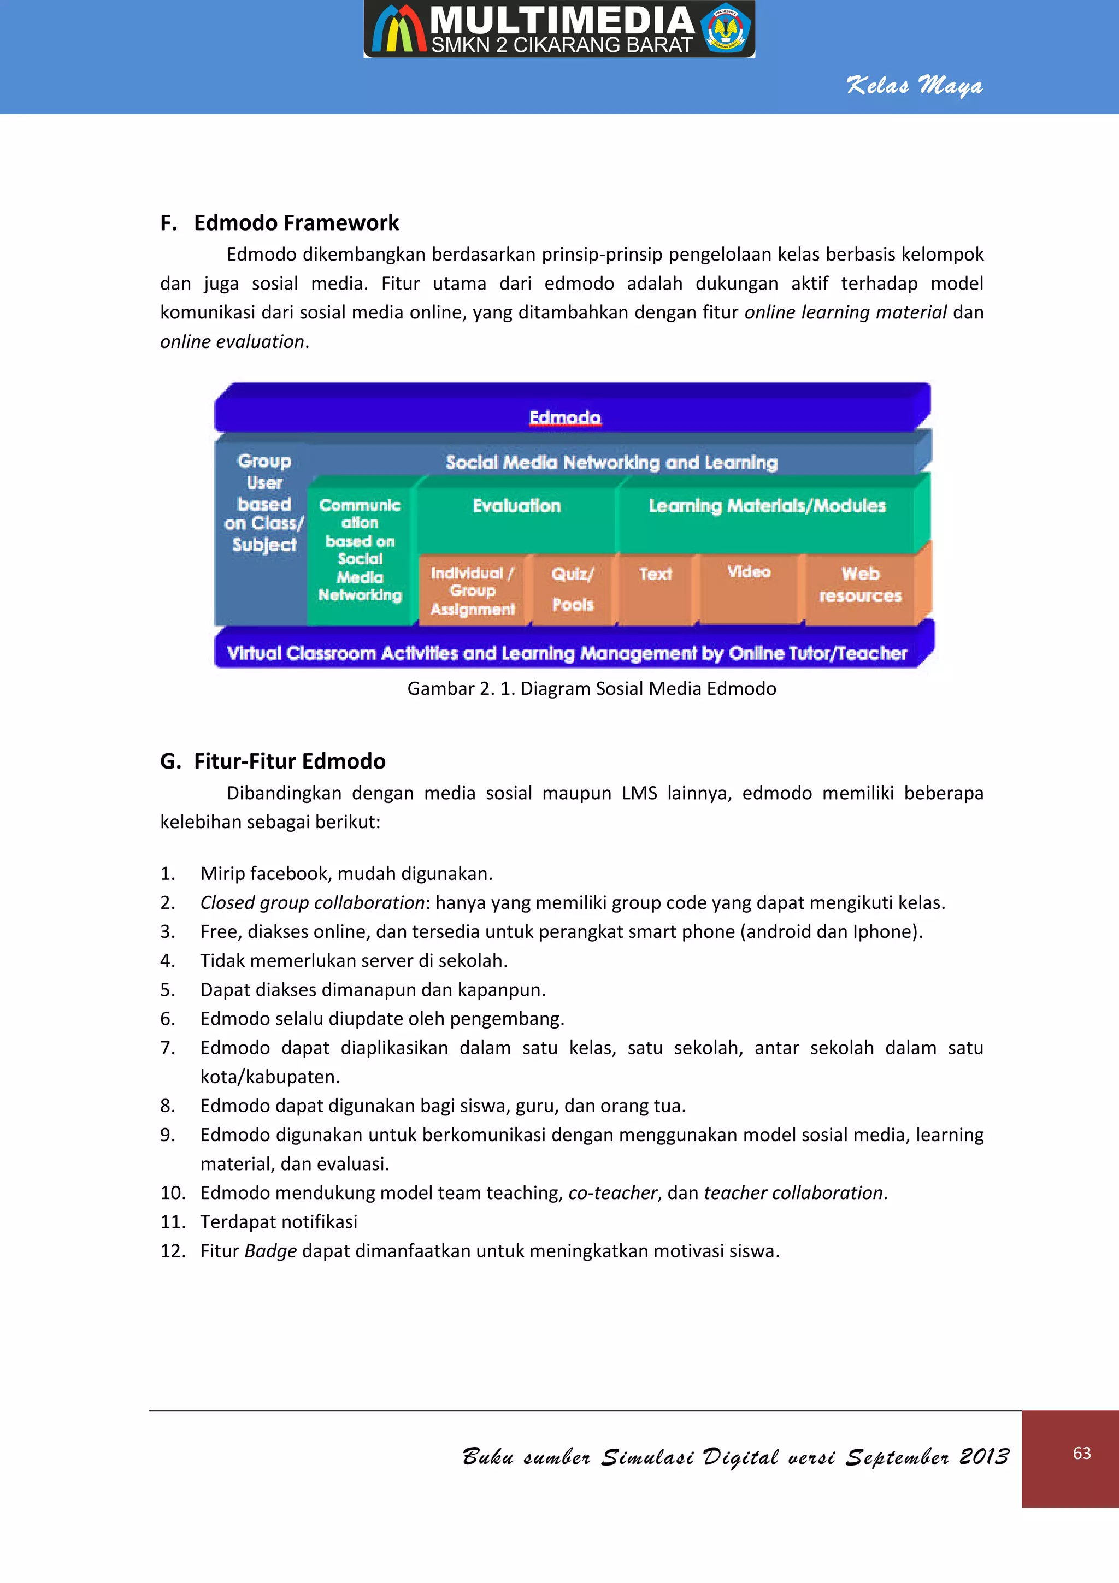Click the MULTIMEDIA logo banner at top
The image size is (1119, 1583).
pos(559,29)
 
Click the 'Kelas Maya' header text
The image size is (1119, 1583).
pos(914,86)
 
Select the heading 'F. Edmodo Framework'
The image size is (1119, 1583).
pos(279,223)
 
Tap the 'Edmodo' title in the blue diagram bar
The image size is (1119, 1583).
pos(564,417)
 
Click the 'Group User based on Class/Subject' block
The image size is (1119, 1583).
pos(263,503)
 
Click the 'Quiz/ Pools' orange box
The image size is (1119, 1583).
pos(572,589)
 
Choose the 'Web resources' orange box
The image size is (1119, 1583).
pos(860,584)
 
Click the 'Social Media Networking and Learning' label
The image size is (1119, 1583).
pos(611,462)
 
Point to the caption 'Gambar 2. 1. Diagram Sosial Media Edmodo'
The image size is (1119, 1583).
pos(592,689)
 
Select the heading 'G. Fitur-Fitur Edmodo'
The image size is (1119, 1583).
pos(273,761)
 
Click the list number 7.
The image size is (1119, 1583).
pos(168,1048)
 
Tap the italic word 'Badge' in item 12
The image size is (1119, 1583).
pos(270,1251)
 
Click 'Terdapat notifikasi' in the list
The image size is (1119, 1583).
pos(279,1222)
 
